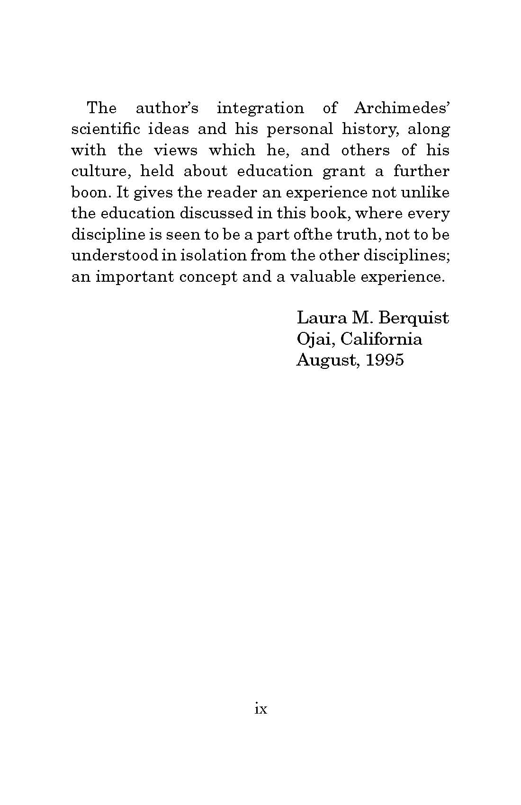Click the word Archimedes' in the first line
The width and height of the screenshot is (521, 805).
(x=401, y=108)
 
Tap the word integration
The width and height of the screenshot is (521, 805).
(x=260, y=109)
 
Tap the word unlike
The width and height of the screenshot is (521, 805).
(x=425, y=192)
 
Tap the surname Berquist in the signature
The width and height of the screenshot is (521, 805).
(x=414, y=318)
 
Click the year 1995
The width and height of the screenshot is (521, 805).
(x=386, y=360)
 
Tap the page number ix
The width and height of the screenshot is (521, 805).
(x=261, y=709)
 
